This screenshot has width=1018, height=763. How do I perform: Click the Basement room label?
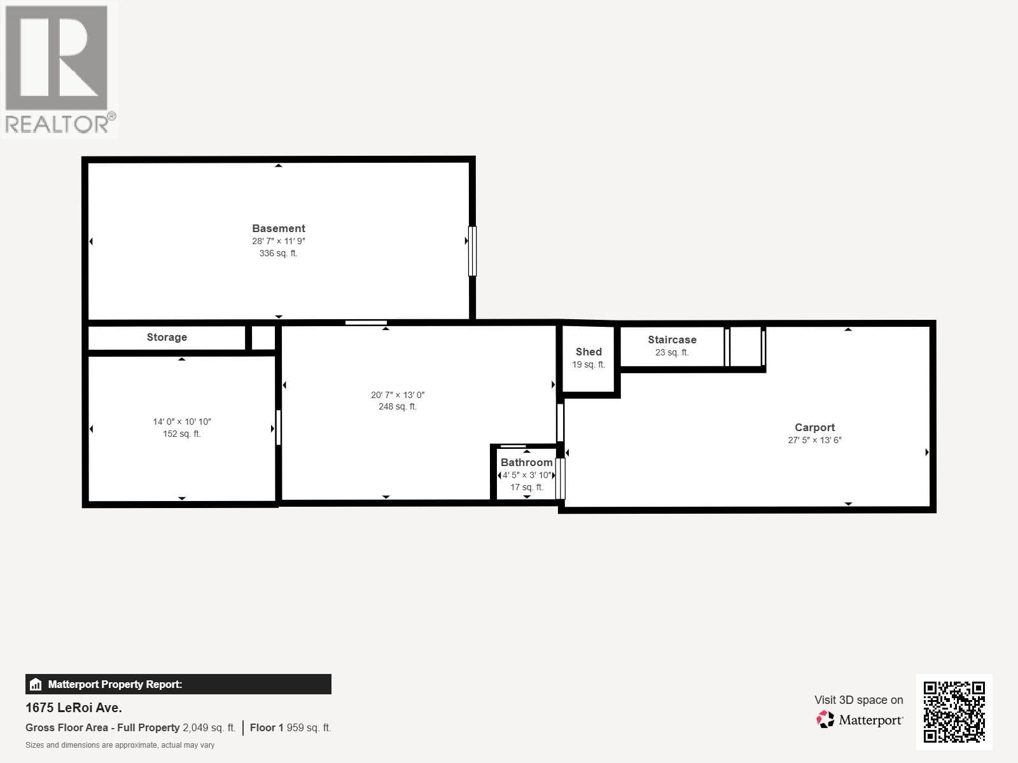coord(278,228)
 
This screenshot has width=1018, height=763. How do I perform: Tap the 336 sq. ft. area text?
coord(278,253)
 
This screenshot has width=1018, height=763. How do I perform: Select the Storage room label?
coord(167,338)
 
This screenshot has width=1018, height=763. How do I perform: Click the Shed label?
coord(589,352)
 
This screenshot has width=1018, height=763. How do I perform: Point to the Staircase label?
coord(672,340)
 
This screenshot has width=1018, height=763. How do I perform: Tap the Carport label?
coord(814,427)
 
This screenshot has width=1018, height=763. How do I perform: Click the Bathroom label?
coord(526,462)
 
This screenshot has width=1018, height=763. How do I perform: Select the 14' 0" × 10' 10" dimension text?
coord(181,422)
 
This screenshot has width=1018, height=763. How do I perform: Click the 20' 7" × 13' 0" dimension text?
coord(398,395)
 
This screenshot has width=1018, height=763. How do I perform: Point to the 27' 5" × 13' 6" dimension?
coord(814,440)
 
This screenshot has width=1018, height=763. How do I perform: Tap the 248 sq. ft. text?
coord(398,407)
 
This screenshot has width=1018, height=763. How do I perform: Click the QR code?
coord(954,711)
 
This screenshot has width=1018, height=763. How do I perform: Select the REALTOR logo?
coord(59,70)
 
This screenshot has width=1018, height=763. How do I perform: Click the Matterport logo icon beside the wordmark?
coord(825,720)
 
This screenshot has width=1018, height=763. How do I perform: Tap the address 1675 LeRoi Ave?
coord(74,708)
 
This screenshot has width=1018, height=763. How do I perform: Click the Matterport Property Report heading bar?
coord(178,684)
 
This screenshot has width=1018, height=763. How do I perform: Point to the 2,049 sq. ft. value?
coord(209,728)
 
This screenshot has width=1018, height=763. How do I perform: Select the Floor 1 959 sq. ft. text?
coord(290,728)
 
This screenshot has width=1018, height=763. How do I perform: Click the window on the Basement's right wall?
coord(472,251)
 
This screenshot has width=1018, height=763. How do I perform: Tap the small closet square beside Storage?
coord(263,338)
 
